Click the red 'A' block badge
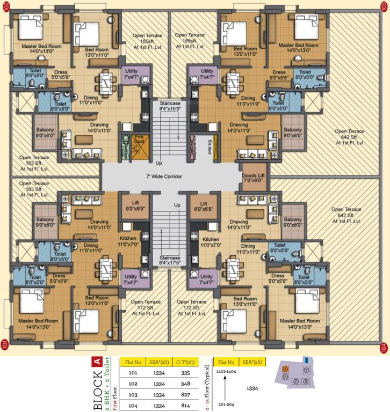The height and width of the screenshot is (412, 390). click(97, 361)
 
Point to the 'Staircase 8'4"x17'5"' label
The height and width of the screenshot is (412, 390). click(170, 261)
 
